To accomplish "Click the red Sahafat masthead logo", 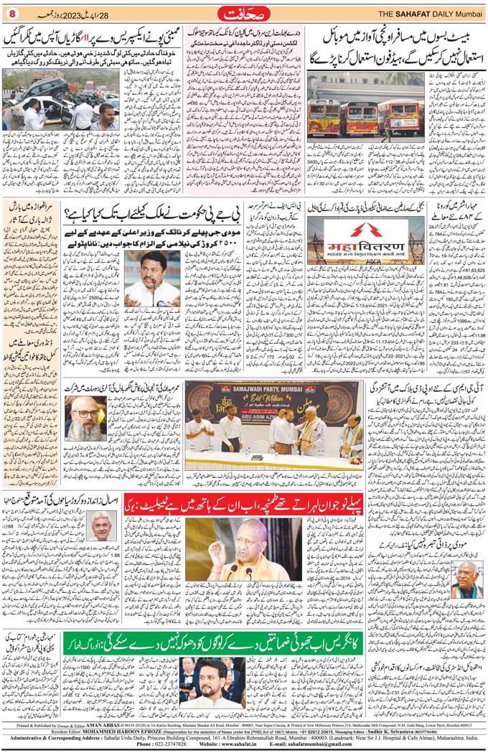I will tap(243, 14).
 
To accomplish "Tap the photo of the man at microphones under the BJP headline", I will tap(152, 276).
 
